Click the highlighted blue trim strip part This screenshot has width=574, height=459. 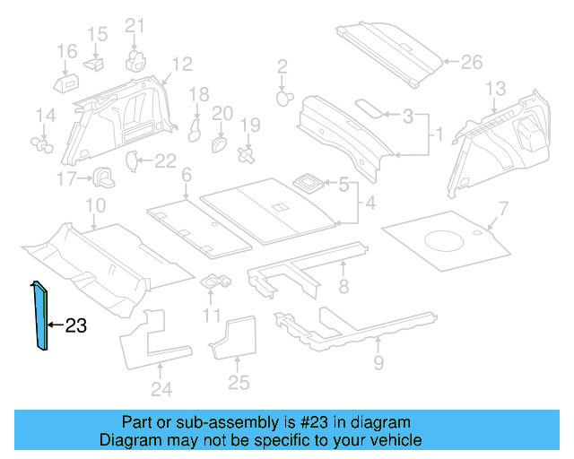(40, 318)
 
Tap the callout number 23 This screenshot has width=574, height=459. (76, 326)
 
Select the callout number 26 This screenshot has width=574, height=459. (471, 62)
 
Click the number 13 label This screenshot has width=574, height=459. (496, 88)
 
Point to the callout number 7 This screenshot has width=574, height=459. (502, 209)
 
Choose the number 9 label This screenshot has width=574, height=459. (378, 362)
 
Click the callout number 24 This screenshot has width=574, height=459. (161, 388)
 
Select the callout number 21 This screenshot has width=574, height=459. (135, 25)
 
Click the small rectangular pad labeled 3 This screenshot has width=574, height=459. (369, 107)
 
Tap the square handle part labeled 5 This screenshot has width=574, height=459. (309, 182)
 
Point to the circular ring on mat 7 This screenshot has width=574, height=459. (443, 239)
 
